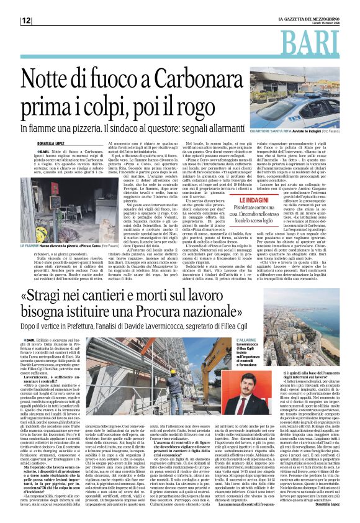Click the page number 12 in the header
tap(26, 20)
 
